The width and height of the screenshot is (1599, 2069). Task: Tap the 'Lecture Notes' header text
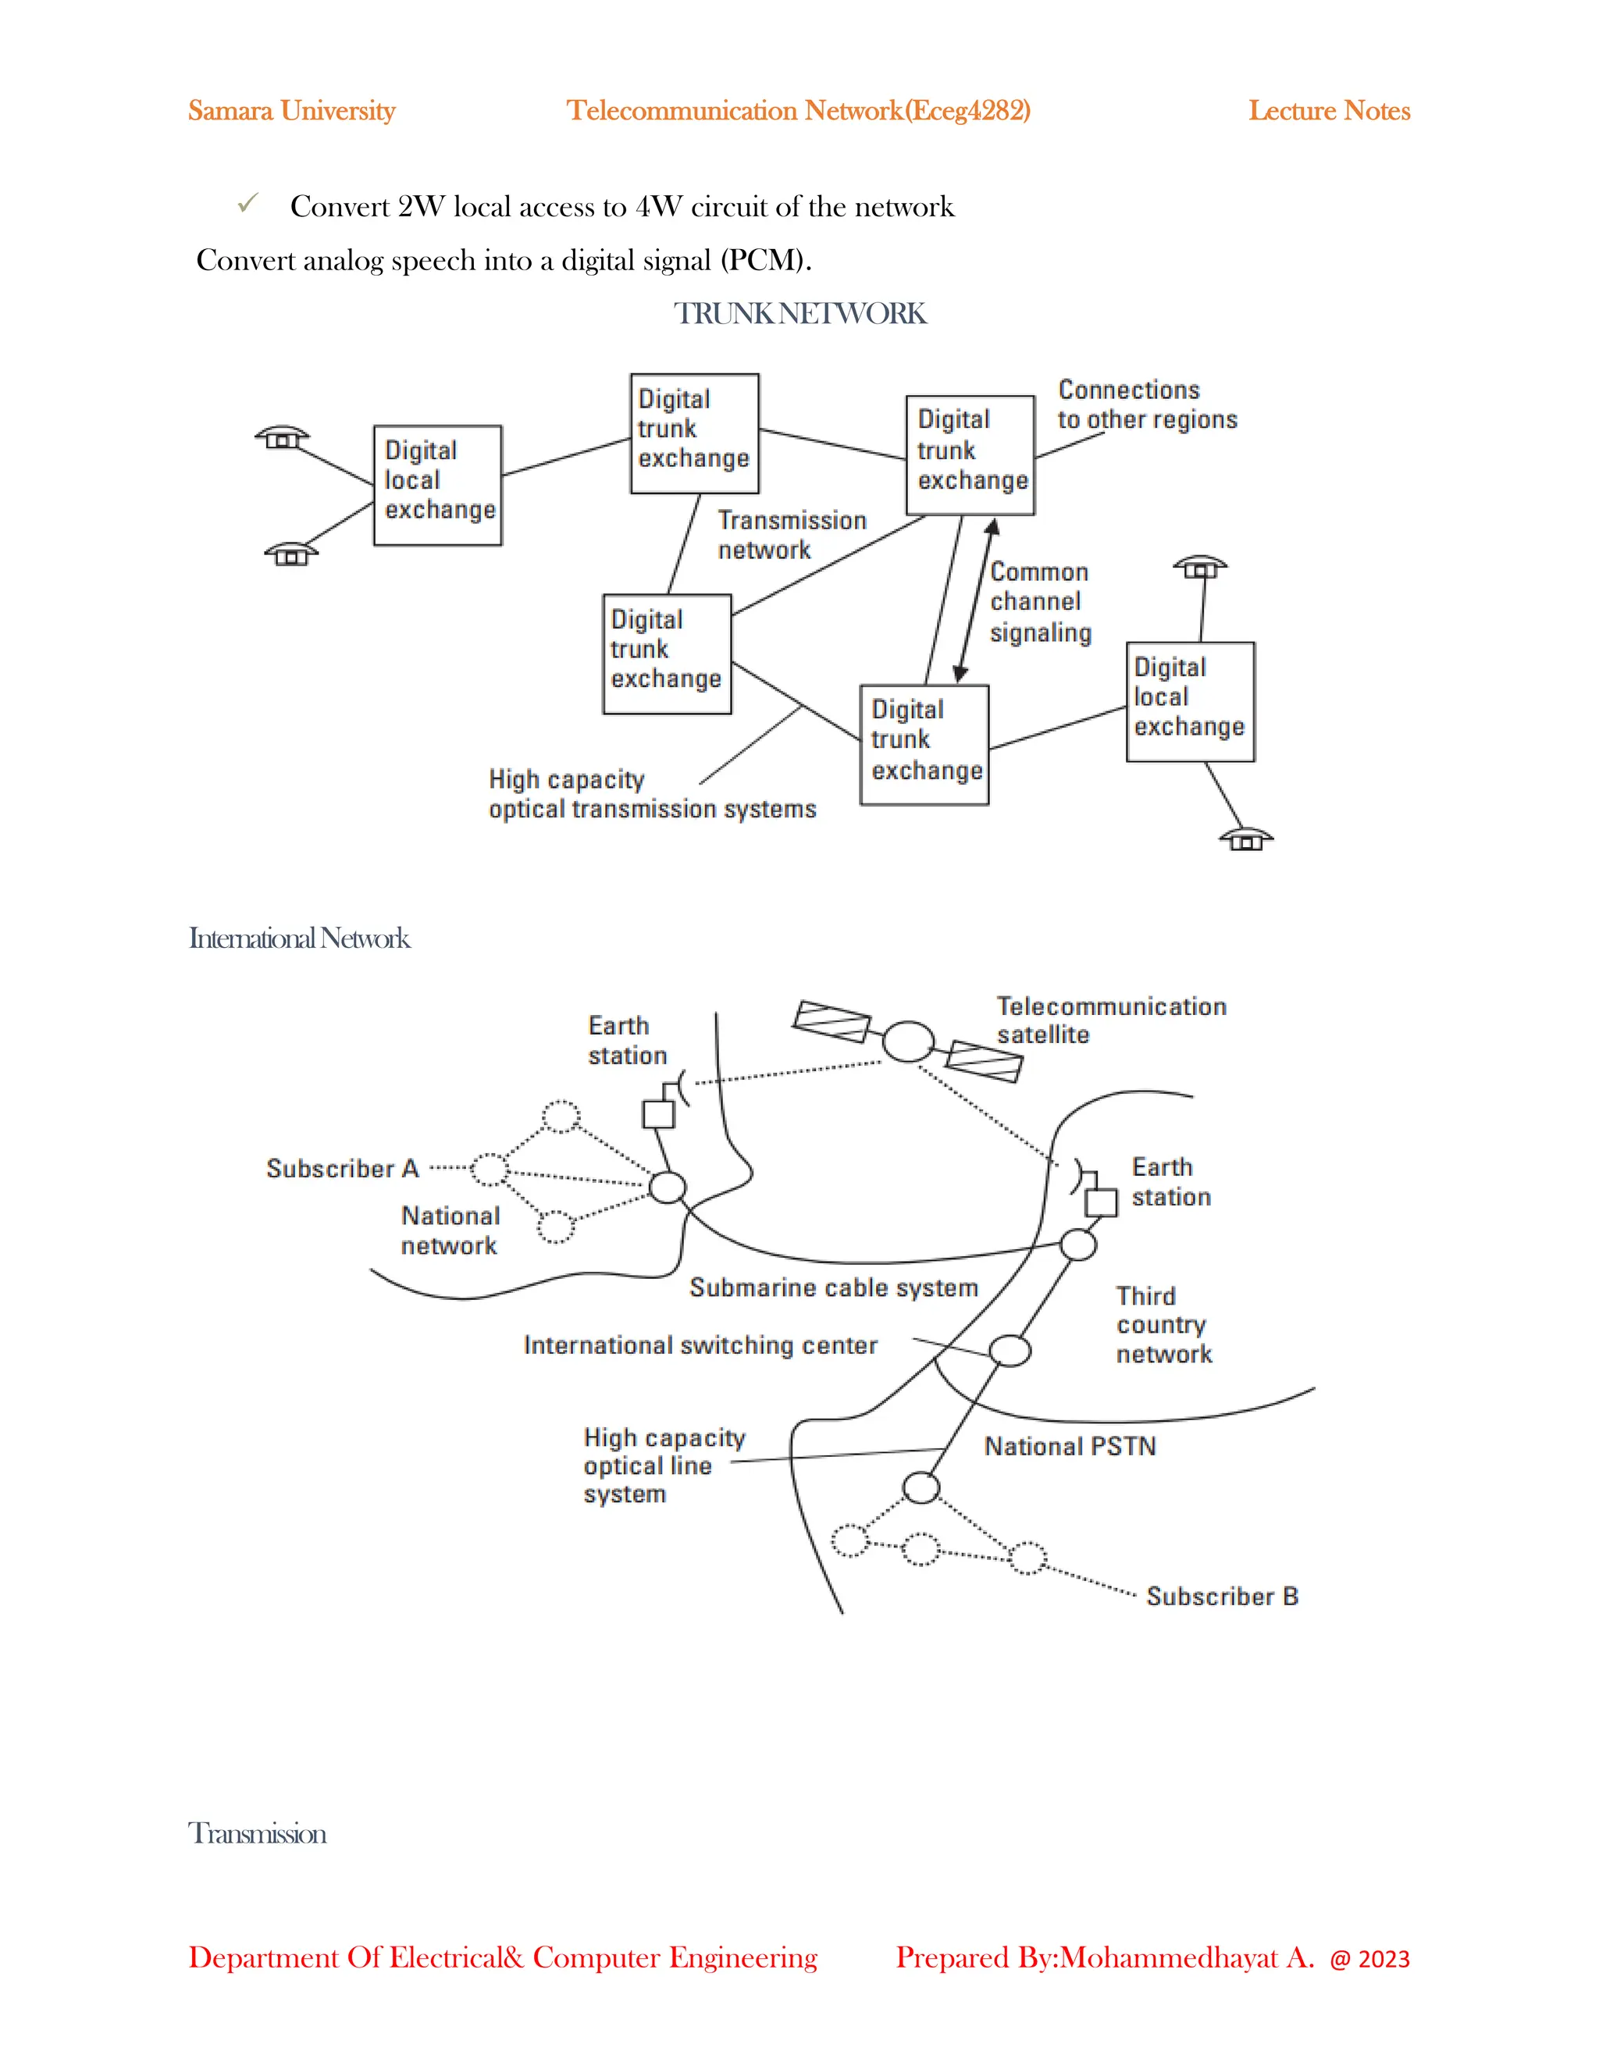click(x=1328, y=111)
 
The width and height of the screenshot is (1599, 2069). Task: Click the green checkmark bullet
click(x=248, y=204)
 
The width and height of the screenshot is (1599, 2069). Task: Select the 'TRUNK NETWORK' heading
click(x=799, y=314)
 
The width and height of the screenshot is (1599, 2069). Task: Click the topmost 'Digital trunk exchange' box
click(x=694, y=433)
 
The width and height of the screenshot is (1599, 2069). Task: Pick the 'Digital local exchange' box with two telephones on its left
click(x=438, y=485)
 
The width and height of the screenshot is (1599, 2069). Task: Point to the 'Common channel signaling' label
click(x=1039, y=601)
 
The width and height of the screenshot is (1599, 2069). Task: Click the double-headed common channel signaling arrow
click(x=976, y=600)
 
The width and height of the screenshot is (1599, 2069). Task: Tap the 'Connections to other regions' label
click(x=1146, y=404)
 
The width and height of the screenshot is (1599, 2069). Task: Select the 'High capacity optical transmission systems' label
click(x=652, y=794)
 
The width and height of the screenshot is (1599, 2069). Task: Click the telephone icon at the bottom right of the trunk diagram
click(x=1245, y=839)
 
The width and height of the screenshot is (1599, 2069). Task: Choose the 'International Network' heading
click(x=299, y=938)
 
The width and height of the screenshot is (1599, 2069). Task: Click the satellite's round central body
click(x=907, y=1041)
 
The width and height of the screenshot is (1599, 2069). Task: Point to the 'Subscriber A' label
click(x=342, y=1168)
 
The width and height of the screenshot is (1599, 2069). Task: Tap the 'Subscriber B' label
click(x=1222, y=1597)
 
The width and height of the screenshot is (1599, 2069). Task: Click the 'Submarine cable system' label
click(x=832, y=1287)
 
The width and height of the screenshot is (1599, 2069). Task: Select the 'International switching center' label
click(x=700, y=1345)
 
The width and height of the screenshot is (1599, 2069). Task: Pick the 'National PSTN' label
click(x=1070, y=1447)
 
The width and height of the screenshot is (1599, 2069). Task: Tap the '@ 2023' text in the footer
click(x=1369, y=1959)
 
